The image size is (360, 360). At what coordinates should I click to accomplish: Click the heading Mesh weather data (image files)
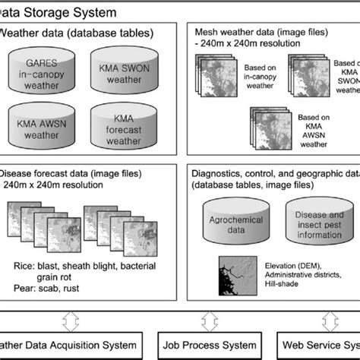pos(258,32)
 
